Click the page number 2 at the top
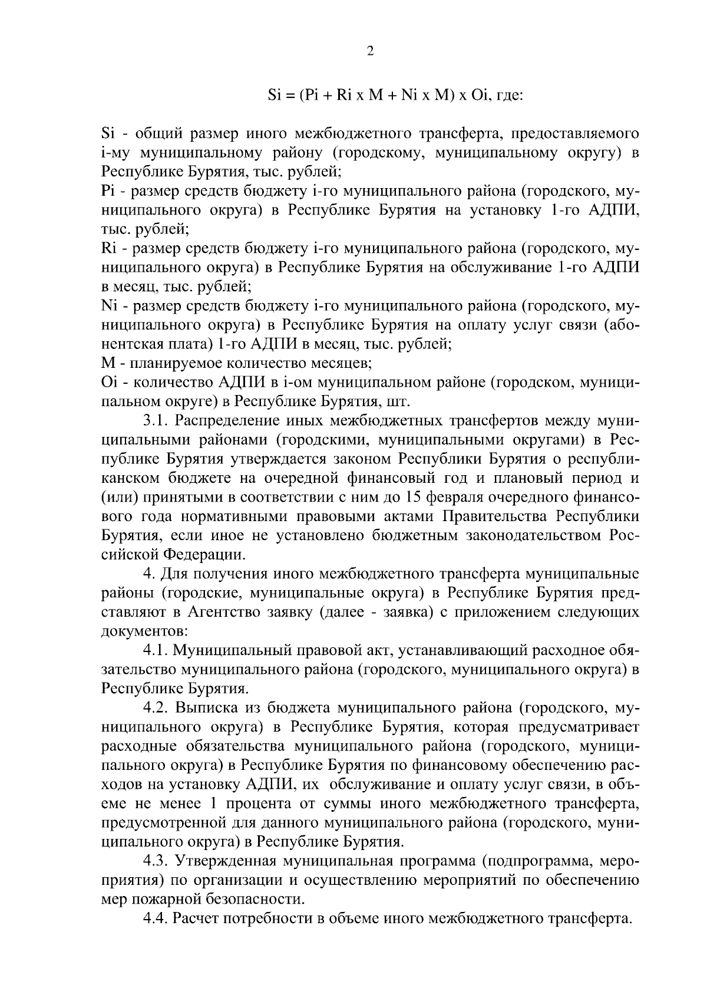(370, 51)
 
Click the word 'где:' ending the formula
(507, 96)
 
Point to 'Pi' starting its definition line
(108, 192)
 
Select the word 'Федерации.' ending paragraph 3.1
(203, 555)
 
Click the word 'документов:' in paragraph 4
(144, 631)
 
